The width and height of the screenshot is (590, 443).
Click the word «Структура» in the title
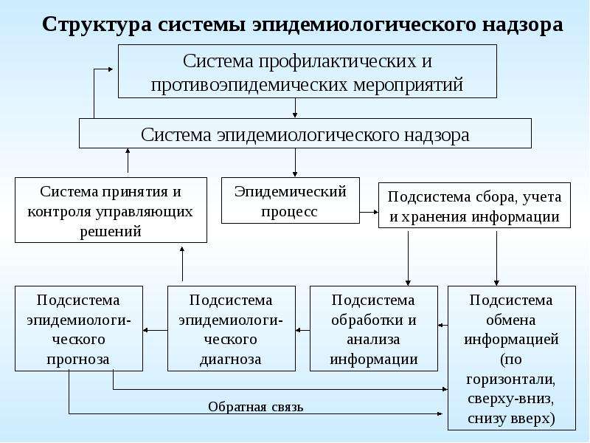(97, 25)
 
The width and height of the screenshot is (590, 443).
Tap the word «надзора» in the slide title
(522, 24)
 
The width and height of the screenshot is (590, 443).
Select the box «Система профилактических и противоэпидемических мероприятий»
(308, 71)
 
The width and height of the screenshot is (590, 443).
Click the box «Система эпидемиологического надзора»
(305, 134)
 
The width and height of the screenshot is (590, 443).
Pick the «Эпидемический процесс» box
(291, 200)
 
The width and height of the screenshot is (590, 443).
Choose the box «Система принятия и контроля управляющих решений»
(111, 210)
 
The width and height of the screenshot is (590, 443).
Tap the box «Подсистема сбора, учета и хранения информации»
(474, 205)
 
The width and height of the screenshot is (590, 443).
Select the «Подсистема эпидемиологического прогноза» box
(79, 329)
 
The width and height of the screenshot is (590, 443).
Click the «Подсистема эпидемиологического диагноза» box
(232, 329)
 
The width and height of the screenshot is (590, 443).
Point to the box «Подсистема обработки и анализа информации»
(374, 329)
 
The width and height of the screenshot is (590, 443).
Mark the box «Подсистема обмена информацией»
(512, 358)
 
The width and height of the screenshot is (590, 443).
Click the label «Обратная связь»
(256, 407)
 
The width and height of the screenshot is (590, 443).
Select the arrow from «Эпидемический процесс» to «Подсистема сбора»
(369, 212)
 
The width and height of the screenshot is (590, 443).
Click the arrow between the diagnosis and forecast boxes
(155, 330)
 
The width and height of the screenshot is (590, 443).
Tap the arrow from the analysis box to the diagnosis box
(302, 330)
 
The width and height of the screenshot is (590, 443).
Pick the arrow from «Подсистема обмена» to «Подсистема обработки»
(443, 325)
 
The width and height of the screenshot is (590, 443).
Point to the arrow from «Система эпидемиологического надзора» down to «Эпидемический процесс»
(295, 162)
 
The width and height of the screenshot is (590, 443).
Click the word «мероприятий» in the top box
(409, 85)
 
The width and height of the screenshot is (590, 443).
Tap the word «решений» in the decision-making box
(111, 231)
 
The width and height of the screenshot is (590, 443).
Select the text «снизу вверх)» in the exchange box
(511, 419)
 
